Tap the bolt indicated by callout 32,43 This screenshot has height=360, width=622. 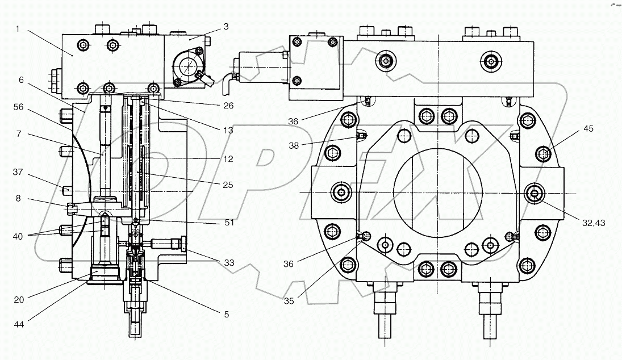(x=535, y=194)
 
